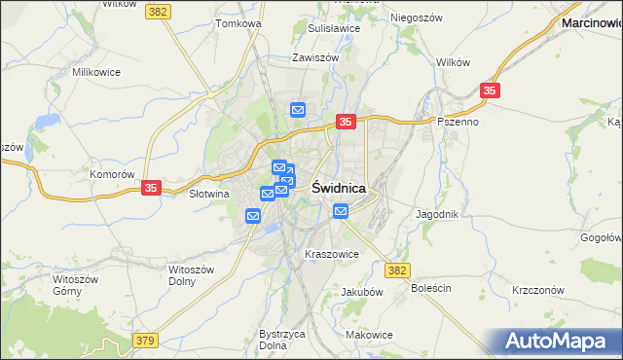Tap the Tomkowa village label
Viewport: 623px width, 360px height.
(x=239, y=22)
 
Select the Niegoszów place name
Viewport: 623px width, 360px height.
(x=416, y=18)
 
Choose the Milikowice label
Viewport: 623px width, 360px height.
(x=94, y=72)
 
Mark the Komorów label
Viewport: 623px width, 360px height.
(x=111, y=174)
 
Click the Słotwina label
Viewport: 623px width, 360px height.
(x=207, y=194)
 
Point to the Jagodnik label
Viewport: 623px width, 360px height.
(x=436, y=213)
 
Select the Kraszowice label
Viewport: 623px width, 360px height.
(x=332, y=254)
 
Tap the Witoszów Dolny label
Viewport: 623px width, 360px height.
(x=182, y=274)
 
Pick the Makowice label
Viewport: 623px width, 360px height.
(x=369, y=335)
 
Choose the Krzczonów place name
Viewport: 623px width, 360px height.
(x=537, y=290)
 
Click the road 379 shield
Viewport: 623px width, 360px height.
(x=145, y=340)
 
